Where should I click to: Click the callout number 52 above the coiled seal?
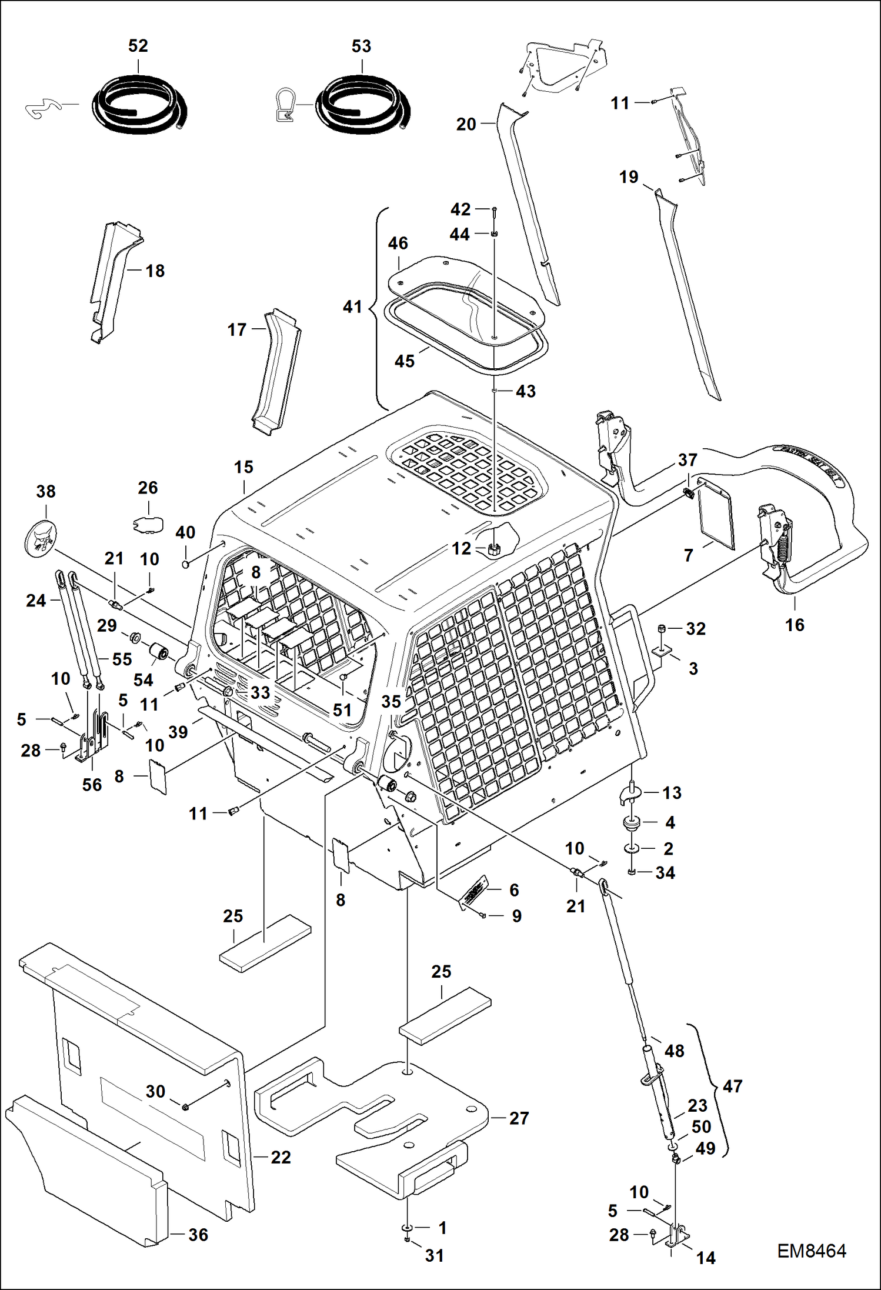(138, 46)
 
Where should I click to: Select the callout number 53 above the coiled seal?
(361, 46)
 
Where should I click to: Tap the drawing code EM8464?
(812, 1251)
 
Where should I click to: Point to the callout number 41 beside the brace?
(352, 306)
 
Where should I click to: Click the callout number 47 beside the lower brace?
(732, 1086)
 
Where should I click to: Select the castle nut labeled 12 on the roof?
(495, 550)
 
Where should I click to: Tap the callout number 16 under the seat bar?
(795, 625)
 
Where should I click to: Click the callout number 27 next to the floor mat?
(519, 1118)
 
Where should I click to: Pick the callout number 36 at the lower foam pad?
(198, 1235)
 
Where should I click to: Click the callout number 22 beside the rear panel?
(281, 1157)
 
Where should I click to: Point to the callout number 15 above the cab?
(243, 467)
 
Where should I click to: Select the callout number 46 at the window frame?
(398, 243)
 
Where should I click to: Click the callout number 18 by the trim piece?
(155, 271)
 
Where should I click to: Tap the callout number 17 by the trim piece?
(237, 329)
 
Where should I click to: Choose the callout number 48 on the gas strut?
(674, 1051)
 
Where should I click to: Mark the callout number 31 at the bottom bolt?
(435, 1255)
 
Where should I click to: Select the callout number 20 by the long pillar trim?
(466, 124)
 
